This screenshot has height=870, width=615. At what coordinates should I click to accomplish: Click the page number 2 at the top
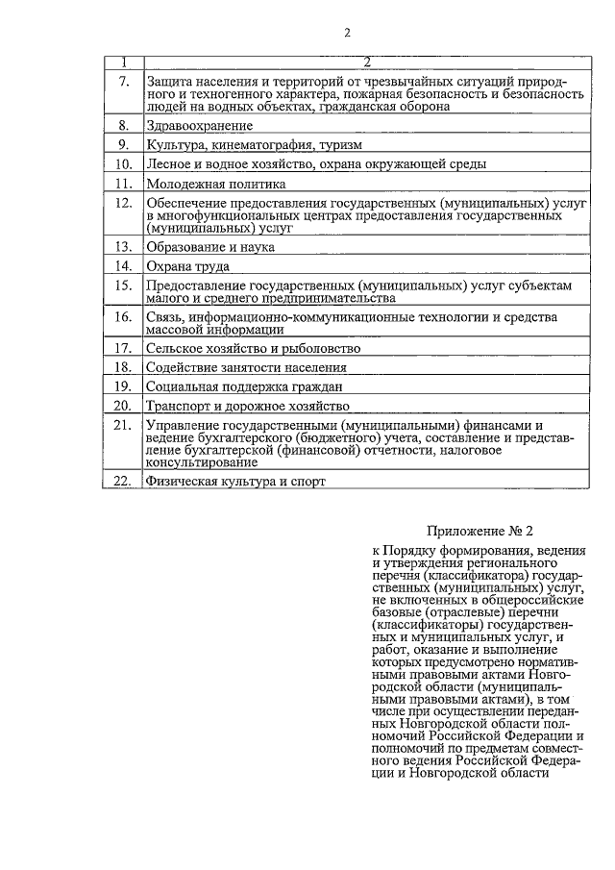tap(347, 33)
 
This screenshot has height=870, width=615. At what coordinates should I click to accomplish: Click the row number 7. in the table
tap(123, 81)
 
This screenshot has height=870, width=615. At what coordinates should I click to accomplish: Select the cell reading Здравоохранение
tap(199, 126)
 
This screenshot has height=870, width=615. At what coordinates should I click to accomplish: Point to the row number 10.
tap(122, 164)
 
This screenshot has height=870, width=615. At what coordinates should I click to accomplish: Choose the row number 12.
tap(122, 204)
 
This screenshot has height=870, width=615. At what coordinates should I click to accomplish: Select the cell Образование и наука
tap(209, 247)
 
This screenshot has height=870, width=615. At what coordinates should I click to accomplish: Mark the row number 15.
tap(122, 286)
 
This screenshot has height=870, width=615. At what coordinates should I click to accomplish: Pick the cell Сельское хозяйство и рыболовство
tap(252, 348)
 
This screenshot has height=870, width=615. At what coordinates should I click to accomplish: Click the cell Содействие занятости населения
tap(245, 367)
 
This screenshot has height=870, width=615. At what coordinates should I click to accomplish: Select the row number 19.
tap(122, 386)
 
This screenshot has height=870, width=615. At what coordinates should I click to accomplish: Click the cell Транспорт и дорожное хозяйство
tap(247, 406)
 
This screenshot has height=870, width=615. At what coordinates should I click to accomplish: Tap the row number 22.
tap(122, 482)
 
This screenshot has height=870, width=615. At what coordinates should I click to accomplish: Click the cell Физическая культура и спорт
tap(235, 482)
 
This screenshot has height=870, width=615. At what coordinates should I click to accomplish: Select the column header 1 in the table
tap(123, 62)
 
